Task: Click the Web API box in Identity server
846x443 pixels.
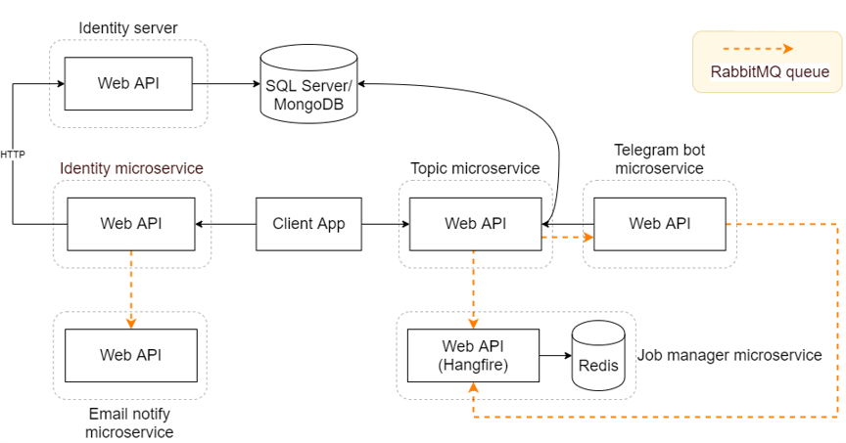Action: pyautogui.click(x=128, y=83)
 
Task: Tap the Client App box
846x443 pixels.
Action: pyautogui.click(x=308, y=224)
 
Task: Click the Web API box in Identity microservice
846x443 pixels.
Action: pyautogui.click(x=131, y=224)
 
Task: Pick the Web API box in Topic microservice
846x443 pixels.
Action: pyautogui.click(x=475, y=224)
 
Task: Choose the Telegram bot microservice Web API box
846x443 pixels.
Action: pyautogui.click(x=659, y=224)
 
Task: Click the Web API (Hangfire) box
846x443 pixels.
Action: pyautogui.click(x=473, y=355)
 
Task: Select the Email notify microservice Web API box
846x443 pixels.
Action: pyautogui.click(x=130, y=355)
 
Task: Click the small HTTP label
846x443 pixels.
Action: pyautogui.click(x=13, y=155)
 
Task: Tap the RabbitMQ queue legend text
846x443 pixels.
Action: pyautogui.click(x=770, y=72)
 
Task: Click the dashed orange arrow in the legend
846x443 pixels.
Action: pyautogui.click(x=757, y=48)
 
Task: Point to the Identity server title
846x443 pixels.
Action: pyautogui.click(x=128, y=28)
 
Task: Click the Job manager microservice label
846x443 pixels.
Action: pyautogui.click(x=729, y=355)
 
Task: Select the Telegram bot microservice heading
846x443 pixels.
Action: pyautogui.click(x=659, y=159)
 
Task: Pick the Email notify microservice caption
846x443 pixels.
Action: pyautogui.click(x=129, y=422)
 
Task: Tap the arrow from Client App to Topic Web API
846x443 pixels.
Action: pyautogui.click(x=385, y=224)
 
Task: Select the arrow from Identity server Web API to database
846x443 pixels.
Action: pyautogui.click(x=225, y=84)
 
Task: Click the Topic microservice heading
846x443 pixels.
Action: pyautogui.click(x=475, y=168)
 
